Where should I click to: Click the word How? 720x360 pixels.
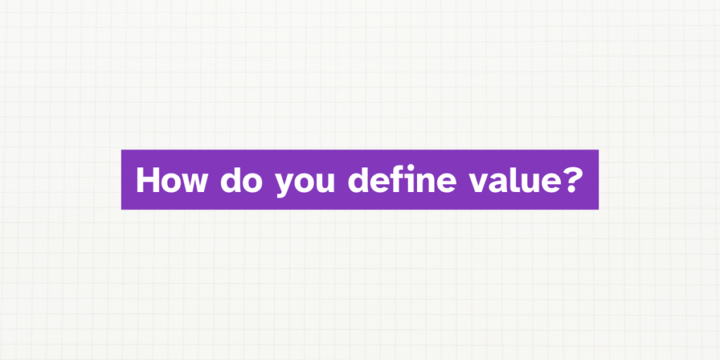tap(172, 180)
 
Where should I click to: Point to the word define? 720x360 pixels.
tap(399, 180)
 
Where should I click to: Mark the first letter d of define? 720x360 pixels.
tap(359, 180)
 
